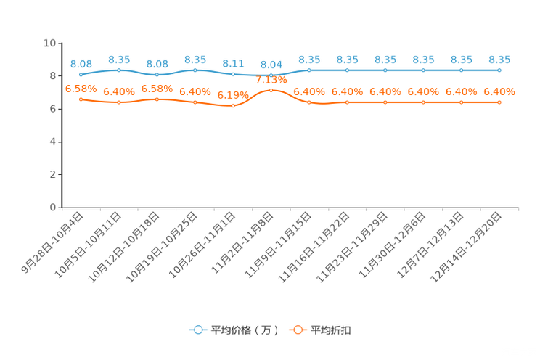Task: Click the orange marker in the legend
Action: [297, 330]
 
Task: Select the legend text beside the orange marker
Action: [332, 330]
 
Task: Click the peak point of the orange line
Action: [271, 90]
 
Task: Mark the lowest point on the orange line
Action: [233, 106]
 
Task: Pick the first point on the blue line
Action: [81, 74]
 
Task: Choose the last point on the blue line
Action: [499, 70]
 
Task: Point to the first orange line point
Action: [81, 99]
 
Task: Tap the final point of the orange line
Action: [499, 102]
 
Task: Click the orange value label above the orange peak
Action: [271, 79]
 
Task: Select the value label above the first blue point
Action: [81, 64]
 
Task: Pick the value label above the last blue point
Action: [499, 60]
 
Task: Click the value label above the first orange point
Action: [81, 89]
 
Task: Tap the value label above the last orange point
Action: [499, 92]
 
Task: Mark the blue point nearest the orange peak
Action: [271, 75]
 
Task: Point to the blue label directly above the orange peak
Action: [271, 65]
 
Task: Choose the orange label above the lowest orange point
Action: [233, 95]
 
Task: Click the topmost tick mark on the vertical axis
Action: [59, 44]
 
